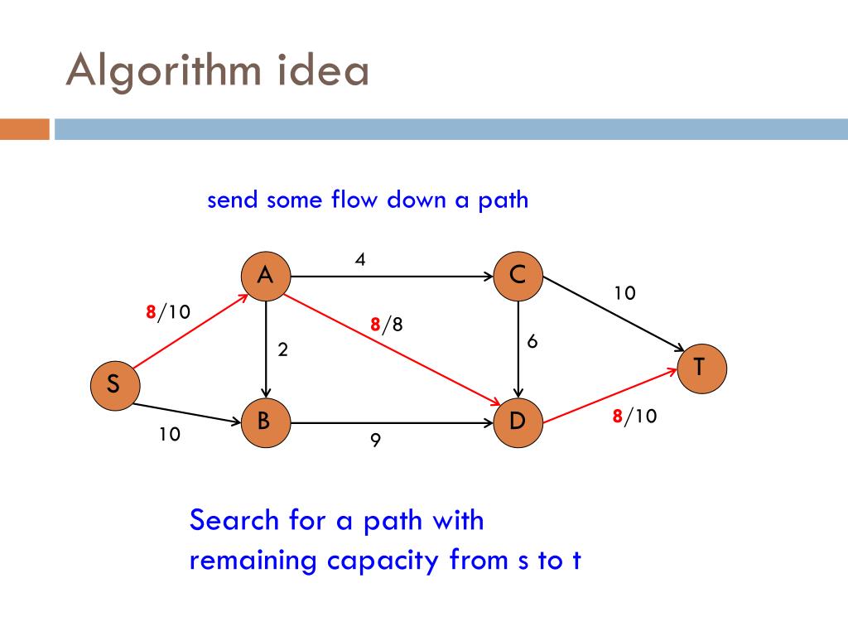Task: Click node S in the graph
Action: coord(115,385)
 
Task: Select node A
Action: coord(266,276)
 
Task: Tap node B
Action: coord(264,422)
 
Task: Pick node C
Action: coord(518,276)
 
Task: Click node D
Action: coord(518,422)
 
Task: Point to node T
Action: coord(701,367)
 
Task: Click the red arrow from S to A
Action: coord(190,330)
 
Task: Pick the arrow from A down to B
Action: coord(266,348)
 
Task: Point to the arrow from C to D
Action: coord(518,348)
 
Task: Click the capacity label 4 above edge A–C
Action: coord(360,259)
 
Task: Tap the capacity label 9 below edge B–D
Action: coord(375,441)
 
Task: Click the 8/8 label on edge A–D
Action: coord(387,325)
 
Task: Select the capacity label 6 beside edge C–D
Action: coord(532,341)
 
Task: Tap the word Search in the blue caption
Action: coord(234,521)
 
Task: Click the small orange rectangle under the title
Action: coord(25,129)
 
